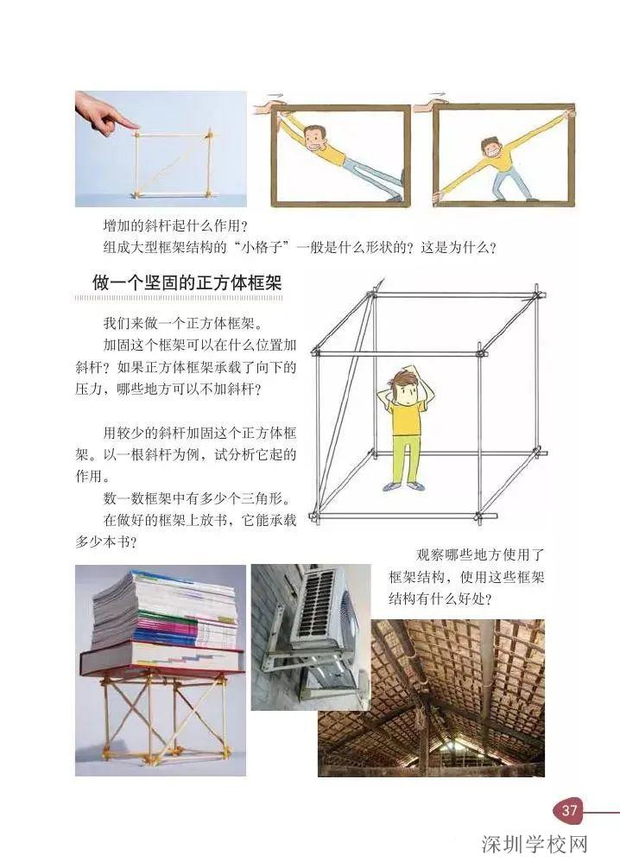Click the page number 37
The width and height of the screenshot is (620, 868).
(x=569, y=810)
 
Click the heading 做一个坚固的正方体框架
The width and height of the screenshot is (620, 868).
(x=188, y=282)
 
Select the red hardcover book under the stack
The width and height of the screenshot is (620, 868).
(x=161, y=661)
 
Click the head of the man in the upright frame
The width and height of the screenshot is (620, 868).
(x=492, y=148)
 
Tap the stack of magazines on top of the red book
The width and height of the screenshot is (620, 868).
(x=164, y=608)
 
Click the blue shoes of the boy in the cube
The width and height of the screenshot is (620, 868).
(x=404, y=486)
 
